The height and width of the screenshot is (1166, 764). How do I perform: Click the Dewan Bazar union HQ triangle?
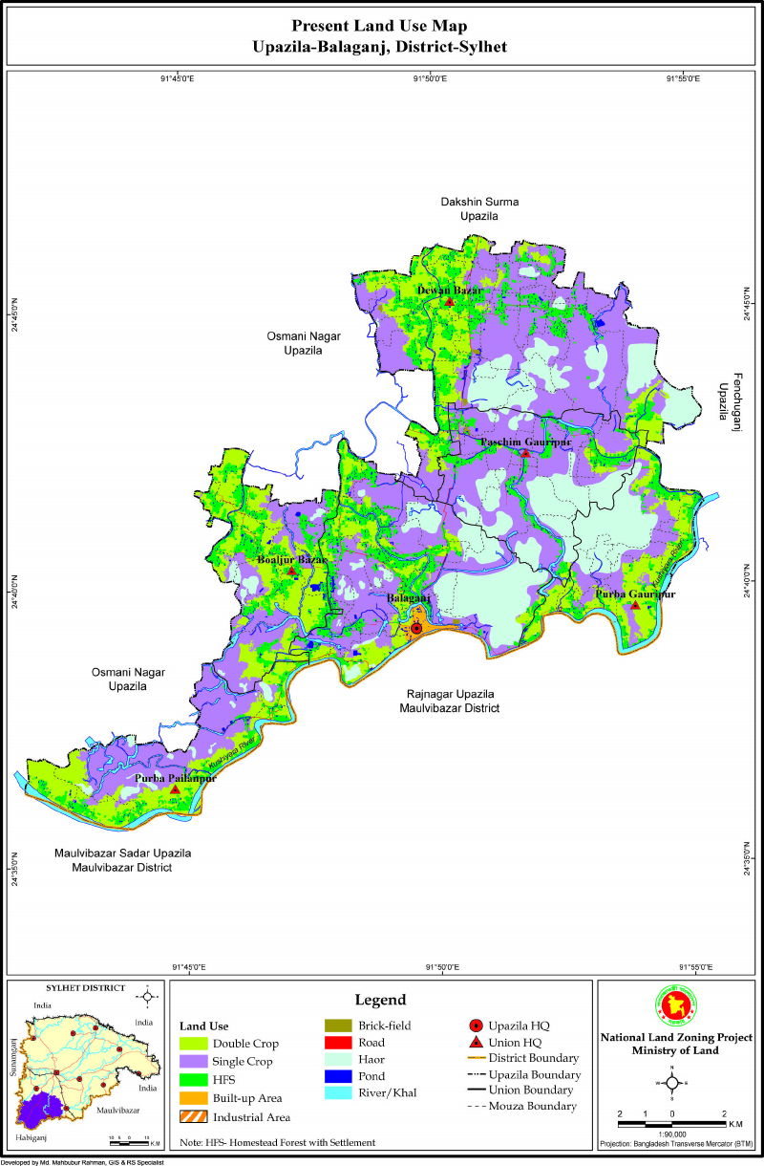click(449, 302)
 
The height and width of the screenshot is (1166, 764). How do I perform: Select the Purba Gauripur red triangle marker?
click(635, 605)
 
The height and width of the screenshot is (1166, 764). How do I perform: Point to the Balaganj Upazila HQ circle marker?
click(416, 628)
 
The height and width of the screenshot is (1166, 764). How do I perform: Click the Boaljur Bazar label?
click(292, 559)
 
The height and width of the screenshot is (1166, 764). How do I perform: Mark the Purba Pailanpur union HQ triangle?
click(175, 790)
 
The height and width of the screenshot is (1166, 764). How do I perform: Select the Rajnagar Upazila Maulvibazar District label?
click(449, 701)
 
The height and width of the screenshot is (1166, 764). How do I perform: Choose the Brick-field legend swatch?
click(339, 1026)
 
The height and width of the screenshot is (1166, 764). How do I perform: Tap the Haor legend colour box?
click(339, 1059)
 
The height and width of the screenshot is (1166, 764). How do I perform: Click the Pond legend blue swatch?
click(339, 1075)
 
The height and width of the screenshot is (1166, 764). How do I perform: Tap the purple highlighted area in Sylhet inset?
click(37, 1112)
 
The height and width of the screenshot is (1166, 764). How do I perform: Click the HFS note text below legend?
click(277, 1142)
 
